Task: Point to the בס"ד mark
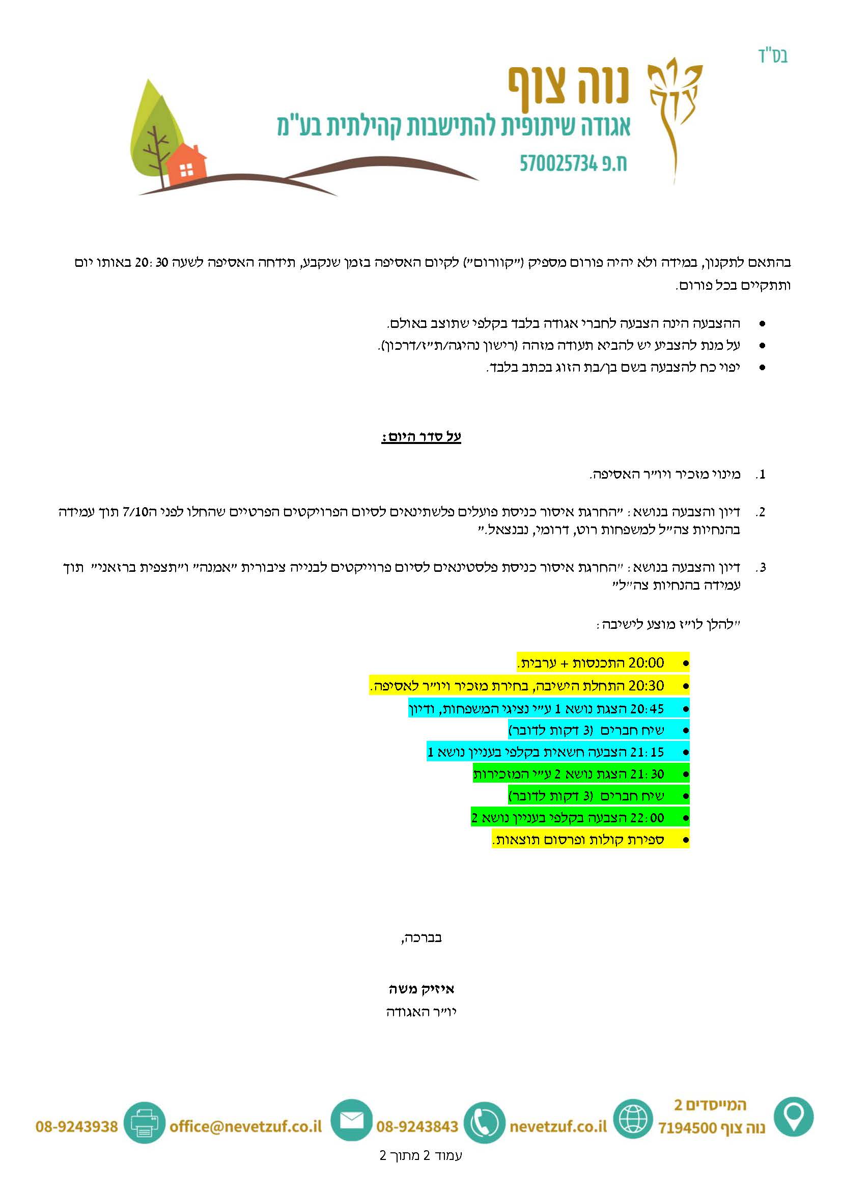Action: pos(773,56)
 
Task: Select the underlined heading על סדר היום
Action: pos(421,437)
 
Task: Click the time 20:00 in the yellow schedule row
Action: pos(646,663)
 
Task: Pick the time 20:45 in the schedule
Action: pos(646,709)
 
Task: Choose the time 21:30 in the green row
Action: pos(647,774)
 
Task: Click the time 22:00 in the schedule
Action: pos(647,818)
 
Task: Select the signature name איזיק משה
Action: pos(421,989)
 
